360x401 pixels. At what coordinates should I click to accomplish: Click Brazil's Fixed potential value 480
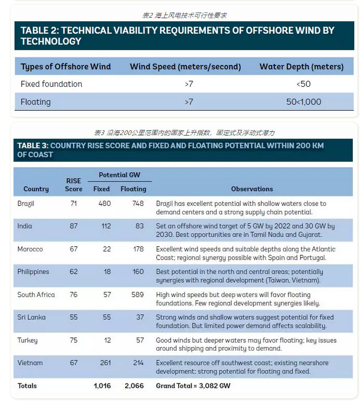tap(104, 204)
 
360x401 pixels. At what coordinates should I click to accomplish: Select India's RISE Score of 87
tap(73, 226)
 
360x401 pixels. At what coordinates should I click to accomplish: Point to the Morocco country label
tap(30, 249)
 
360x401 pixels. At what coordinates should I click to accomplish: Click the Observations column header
tap(252, 189)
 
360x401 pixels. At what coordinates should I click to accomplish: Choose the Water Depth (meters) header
tap(301, 66)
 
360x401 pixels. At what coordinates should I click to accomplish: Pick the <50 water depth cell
tap(304, 84)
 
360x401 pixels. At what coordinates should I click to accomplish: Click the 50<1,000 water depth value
tap(304, 102)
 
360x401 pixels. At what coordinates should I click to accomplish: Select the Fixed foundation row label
tap(51, 84)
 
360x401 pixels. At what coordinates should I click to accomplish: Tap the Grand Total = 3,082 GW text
tap(193, 386)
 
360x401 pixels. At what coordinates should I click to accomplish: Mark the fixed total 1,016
tap(102, 386)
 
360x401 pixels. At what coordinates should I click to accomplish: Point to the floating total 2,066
tap(134, 386)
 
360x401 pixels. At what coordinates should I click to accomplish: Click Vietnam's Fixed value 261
tap(105, 363)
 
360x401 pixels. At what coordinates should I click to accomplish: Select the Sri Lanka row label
tap(32, 317)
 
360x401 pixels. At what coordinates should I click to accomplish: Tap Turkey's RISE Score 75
tap(73, 340)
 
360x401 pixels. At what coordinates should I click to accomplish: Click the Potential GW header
tap(119, 175)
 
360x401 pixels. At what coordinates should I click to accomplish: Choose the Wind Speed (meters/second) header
tap(185, 66)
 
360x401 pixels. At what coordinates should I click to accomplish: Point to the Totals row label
tap(28, 386)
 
